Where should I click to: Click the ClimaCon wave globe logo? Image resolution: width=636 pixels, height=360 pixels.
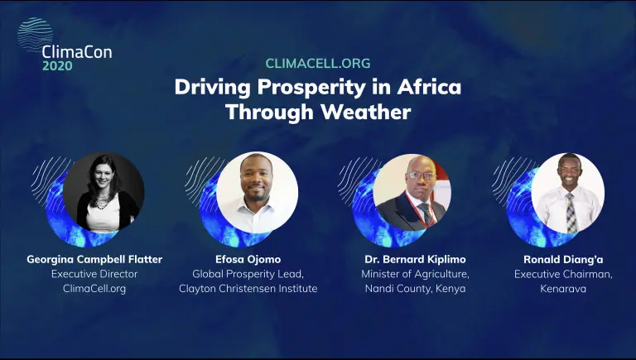click(x=35, y=35)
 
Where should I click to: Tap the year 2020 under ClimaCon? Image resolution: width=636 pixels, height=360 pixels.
click(x=58, y=65)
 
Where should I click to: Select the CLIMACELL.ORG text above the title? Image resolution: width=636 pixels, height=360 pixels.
click(x=318, y=63)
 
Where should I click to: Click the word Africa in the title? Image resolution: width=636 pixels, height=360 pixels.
click(x=429, y=87)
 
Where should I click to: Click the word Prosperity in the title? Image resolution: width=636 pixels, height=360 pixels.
click(x=311, y=88)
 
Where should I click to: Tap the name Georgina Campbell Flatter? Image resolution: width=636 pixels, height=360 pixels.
click(x=94, y=260)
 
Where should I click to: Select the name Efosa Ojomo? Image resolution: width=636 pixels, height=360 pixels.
click(x=248, y=260)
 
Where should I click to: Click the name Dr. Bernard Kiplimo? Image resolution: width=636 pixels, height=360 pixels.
click(x=416, y=260)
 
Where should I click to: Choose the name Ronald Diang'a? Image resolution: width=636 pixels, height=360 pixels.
click(x=563, y=260)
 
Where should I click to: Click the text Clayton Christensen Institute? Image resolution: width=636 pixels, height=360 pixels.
click(x=248, y=289)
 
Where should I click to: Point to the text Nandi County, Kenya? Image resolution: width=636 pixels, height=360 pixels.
click(x=416, y=289)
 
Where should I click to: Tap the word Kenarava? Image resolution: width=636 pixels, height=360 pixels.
click(x=563, y=289)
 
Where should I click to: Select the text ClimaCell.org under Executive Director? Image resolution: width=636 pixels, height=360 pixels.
click(x=94, y=289)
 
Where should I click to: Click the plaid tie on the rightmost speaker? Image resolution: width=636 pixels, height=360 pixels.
click(x=571, y=213)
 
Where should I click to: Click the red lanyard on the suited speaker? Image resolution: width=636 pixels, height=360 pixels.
click(x=418, y=211)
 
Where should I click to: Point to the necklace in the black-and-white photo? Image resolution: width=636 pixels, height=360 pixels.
click(x=101, y=201)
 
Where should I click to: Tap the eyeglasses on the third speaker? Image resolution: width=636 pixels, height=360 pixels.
click(x=422, y=176)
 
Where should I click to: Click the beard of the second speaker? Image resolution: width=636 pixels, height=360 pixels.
click(x=257, y=194)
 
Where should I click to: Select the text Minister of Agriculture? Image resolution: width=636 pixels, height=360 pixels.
click(x=416, y=274)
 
